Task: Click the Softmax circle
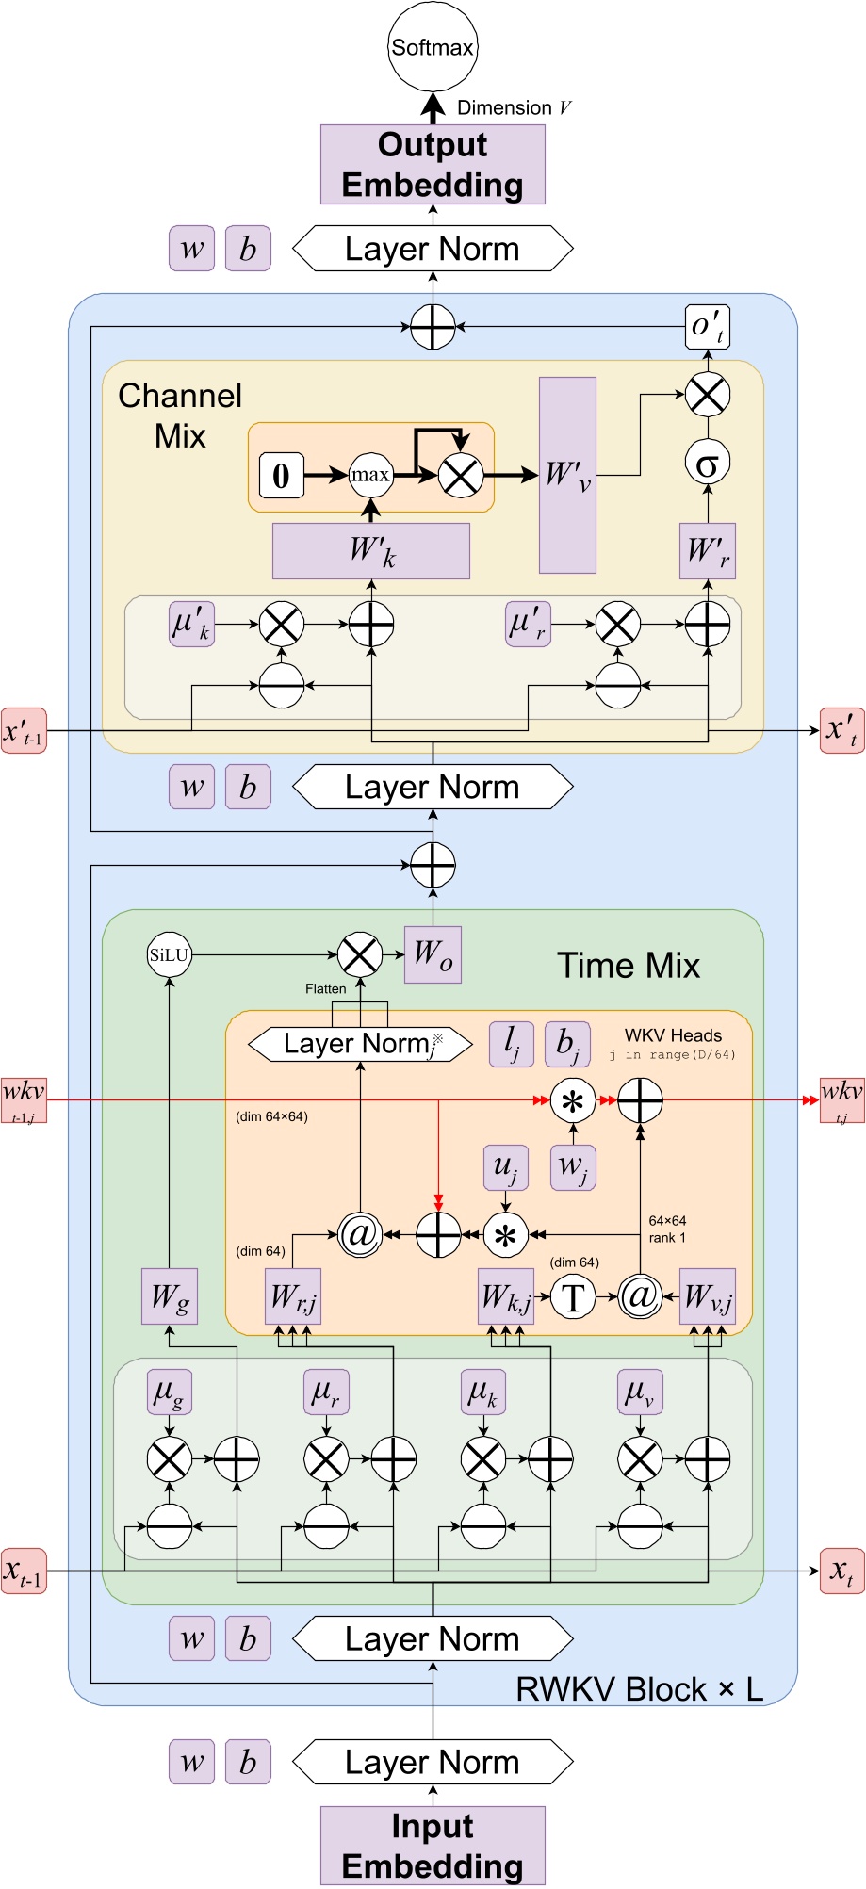click(x=433, y=47)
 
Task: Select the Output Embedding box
click(x=433, y=165)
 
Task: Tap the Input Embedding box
click(x=433, y=1846)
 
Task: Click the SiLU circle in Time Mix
click(x=170, y=955)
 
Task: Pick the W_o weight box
click(x=433, y=954)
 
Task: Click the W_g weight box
click(x=170, y=1296)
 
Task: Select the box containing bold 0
click(x=281, y=475)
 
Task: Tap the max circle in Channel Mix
click(x=370, y=475)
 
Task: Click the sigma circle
click(x=707, y=463)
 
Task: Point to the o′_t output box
click(x=707, y=327)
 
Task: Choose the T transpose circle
click(x=573, y=1297)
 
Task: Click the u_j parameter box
click(x=505, y=1167)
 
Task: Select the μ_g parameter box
click(x=170, y=1392)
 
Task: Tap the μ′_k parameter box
click(x=192, y=624)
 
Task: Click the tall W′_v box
click(x=567, y=475)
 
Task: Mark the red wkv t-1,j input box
click(x=24, y=1099)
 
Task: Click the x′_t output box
click(x=841, y=730)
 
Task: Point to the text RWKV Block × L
click(x=639, y=1689)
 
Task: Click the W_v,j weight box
click(x=707, y=1296)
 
